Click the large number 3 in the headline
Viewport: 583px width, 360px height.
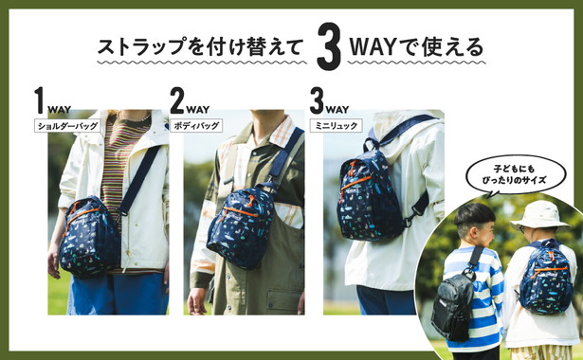329,46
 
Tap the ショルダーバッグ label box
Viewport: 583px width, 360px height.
67,126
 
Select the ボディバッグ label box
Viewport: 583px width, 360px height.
196,126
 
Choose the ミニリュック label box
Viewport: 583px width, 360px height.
337,126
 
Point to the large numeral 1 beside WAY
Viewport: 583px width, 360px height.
40,100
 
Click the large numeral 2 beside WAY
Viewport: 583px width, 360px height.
177,100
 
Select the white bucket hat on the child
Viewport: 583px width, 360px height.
539,216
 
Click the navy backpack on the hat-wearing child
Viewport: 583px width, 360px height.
546,277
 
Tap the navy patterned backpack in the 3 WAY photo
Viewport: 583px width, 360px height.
370,195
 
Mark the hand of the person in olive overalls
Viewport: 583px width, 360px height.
197,301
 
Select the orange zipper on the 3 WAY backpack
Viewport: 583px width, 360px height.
355,183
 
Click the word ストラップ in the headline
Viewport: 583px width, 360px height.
141,47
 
